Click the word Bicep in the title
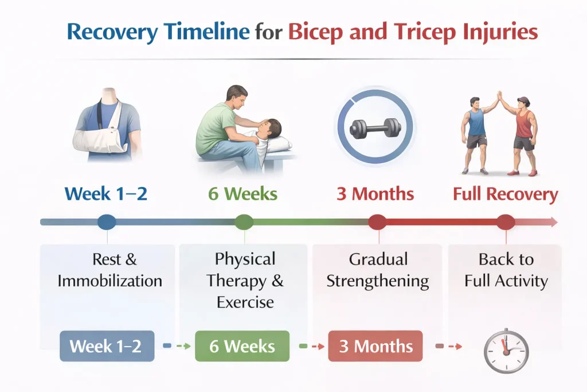click(315, 33)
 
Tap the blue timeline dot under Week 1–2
click(107, 222)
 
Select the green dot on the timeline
click(244, 222)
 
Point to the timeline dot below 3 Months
click(377, 222)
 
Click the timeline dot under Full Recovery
click(506, 222)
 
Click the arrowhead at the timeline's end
click(553, 222)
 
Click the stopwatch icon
click(506, 351)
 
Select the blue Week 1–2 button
click(107, 346)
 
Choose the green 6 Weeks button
click(242, 346)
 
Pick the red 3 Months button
click(375, 346)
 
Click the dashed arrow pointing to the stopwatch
click(448, 346)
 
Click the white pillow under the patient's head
click(278, 143)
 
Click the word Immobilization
click(109, 281)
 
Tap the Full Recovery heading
click(506, 194)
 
